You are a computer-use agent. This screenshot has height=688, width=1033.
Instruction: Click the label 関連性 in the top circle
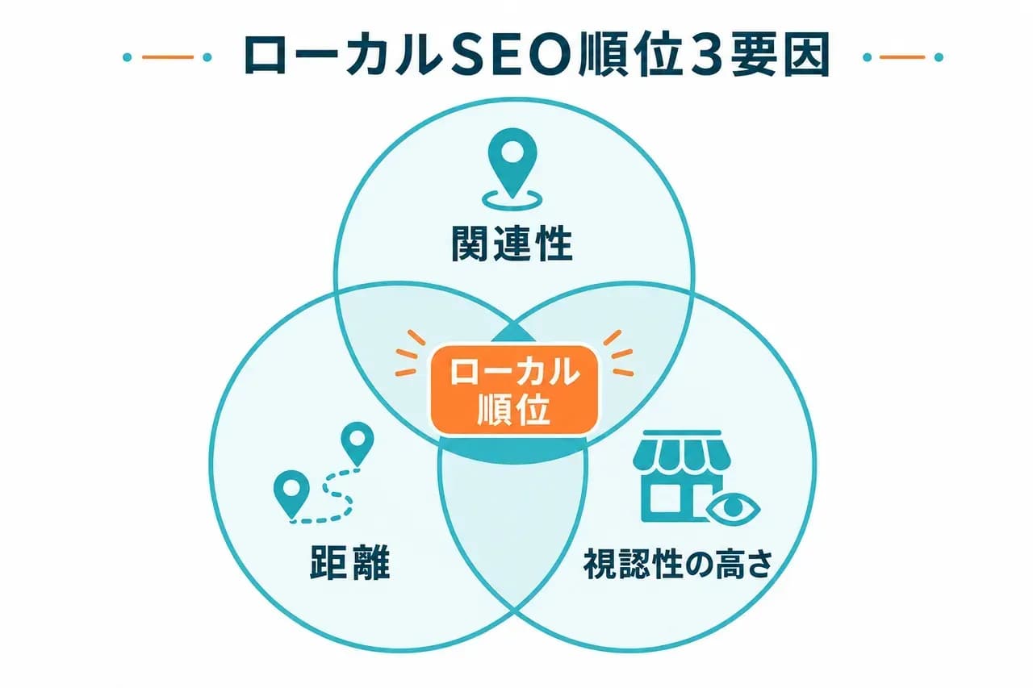512,244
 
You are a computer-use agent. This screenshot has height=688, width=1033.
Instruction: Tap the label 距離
350,561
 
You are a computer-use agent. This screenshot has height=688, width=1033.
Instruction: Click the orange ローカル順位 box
514,390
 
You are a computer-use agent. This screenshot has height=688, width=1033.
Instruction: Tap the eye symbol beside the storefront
733,508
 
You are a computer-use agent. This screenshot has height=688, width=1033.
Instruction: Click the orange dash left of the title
167,57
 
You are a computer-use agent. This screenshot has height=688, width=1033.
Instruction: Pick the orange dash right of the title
902,57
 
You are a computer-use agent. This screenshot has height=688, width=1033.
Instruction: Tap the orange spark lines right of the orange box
619,353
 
